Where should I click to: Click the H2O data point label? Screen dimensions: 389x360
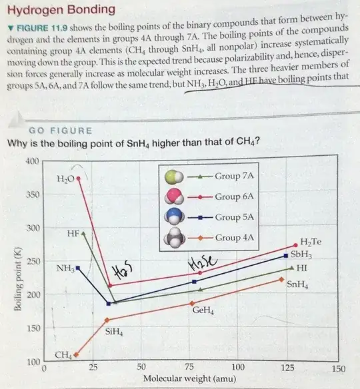click(65, 179)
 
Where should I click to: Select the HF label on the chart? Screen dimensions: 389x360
click(73, 234)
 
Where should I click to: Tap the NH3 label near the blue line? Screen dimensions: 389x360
click(65, 268)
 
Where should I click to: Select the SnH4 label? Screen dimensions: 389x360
click(297, 284)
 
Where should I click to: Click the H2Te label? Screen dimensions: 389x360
click(311, 242)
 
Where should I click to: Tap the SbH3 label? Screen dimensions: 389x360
click(301, 254)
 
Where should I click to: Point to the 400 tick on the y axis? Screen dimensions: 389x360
click(31, 161)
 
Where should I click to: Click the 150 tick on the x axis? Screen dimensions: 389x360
click(338, 368)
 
